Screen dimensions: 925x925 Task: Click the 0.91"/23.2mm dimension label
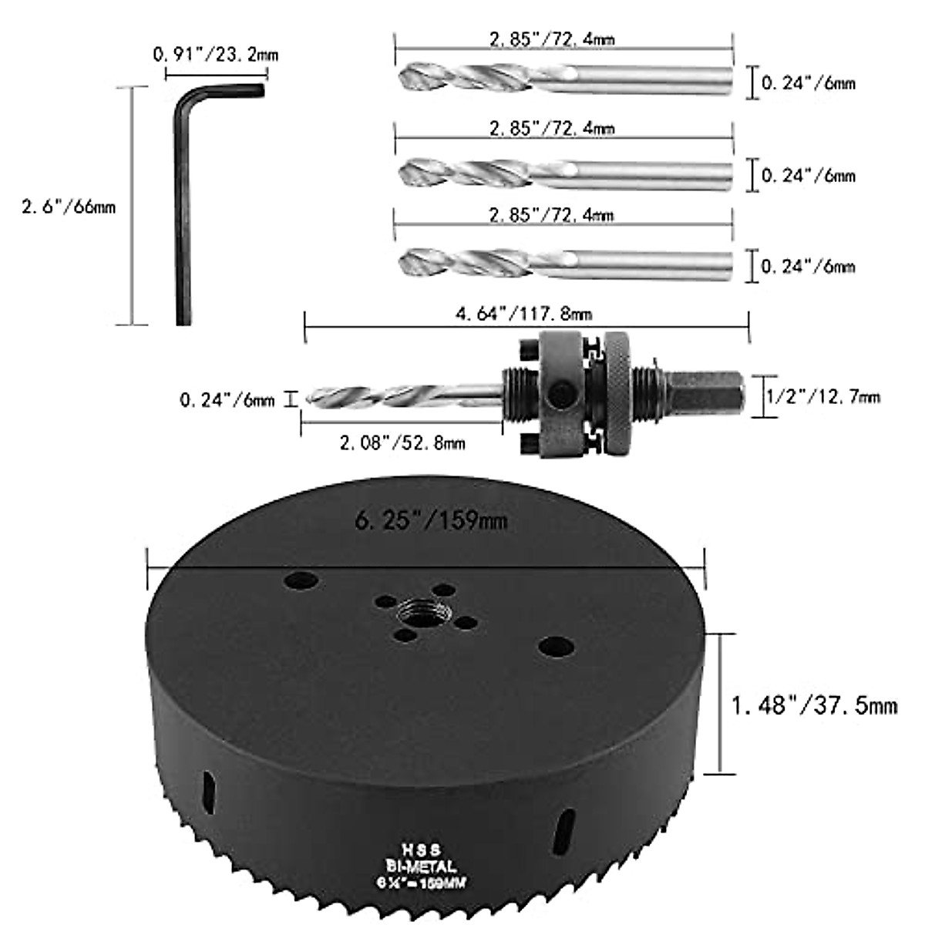pyautogui.click(x=216, y=55)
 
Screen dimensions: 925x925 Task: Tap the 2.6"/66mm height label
pyautogui.click(x=69, y=207)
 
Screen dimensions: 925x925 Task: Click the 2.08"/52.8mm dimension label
pyautogui.click(x=402, y=442)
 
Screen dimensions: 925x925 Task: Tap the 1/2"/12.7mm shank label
pyautogui.click(x=822, y=397)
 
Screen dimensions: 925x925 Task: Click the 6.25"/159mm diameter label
pyautogui.click(x=431, y=521)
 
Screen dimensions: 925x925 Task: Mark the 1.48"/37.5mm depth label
pyautogui.click(x=814, y=705)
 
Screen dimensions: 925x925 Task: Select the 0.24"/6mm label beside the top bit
pyautogui.click(x=809, y=83)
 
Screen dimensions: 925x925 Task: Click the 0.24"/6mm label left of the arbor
pyautogui.click(x=227, y=400)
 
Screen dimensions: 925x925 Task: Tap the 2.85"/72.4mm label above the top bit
pyautogui.click(x=552, y=38)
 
